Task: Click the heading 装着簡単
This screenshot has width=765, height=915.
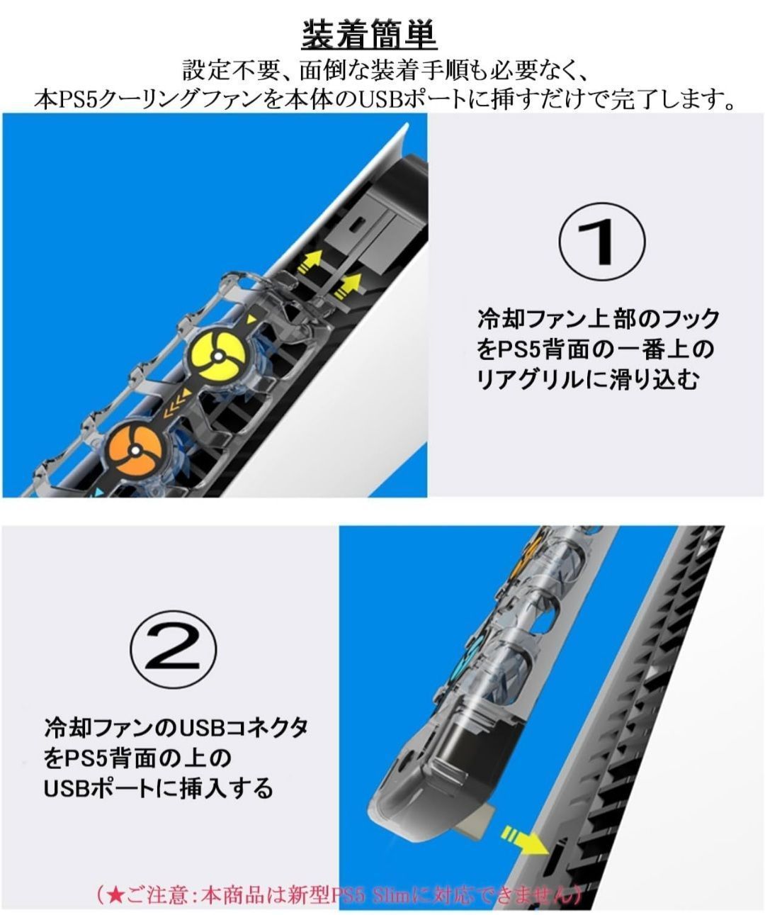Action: click(369, 35)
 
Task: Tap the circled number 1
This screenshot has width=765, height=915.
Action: click(601, 242)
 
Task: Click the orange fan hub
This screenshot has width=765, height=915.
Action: click(135, 449)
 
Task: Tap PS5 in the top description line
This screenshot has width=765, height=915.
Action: click(78, 101)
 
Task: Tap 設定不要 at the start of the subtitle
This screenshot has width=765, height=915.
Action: click(230, 70)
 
